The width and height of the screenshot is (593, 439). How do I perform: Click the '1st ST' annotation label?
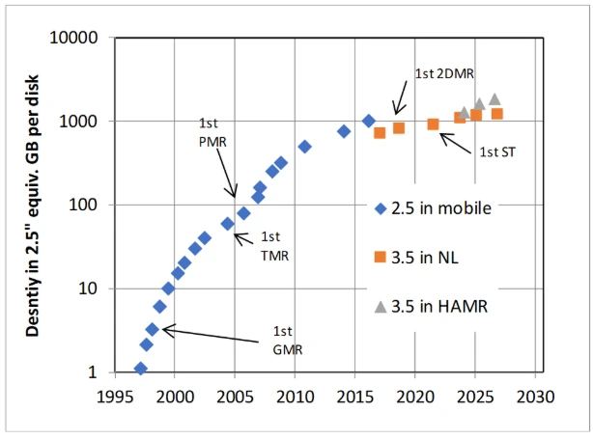point(495,151)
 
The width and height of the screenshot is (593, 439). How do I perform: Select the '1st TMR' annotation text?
point(275,247)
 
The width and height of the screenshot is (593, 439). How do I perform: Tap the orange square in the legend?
point(381,257)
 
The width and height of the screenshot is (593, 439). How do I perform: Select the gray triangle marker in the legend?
point(381,307)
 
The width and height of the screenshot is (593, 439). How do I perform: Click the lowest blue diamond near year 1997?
point(140,369)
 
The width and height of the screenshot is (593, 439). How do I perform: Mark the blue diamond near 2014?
point(343,131)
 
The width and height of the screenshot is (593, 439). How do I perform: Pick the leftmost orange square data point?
point(380,133)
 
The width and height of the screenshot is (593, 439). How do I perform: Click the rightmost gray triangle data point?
point(494,98)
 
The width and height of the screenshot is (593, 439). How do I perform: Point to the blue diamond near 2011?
point(304,147)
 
